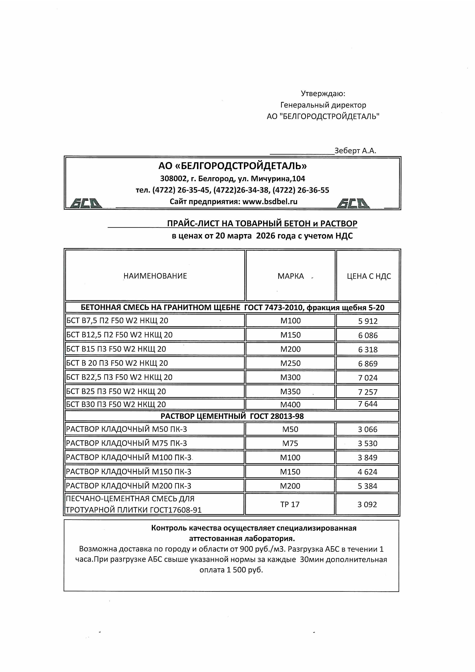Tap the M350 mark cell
[x=290, y=392]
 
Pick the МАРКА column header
[x=291, y=276]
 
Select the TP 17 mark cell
[x=290, y=504]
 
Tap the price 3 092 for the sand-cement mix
[x=367, y=504]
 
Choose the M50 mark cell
[x=290, y=429]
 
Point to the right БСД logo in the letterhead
[x=353, y=203]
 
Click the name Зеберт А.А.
[x=355, y=151]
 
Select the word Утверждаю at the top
[x=323, y=94]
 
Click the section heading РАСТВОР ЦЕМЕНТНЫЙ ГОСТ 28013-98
[x=232, y=416]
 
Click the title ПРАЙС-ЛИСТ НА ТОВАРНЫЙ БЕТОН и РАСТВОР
[x=262, y=223]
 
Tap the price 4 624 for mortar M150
[x=368, y=472]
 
